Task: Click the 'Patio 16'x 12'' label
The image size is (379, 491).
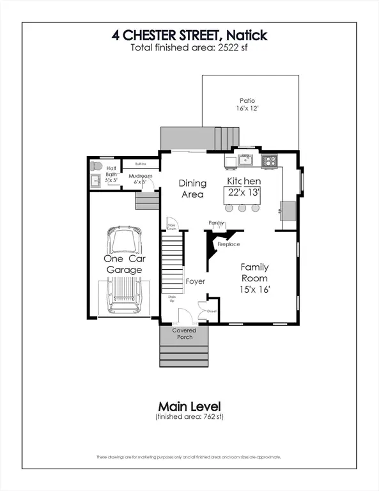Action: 247,105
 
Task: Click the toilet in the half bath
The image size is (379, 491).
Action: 96,166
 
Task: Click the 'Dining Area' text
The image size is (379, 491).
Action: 191,188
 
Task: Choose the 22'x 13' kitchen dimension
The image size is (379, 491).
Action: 244,192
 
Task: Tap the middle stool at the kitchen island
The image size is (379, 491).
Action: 243,208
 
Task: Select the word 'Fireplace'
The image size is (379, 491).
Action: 229,244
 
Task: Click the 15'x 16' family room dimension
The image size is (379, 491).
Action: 254,290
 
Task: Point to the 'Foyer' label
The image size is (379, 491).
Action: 194,281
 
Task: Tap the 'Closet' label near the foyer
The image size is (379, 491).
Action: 212,311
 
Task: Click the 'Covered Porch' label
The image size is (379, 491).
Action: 184,334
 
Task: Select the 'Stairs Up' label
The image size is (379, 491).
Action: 172,299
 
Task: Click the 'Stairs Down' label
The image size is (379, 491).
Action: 171,226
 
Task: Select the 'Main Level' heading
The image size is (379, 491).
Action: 189,405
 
